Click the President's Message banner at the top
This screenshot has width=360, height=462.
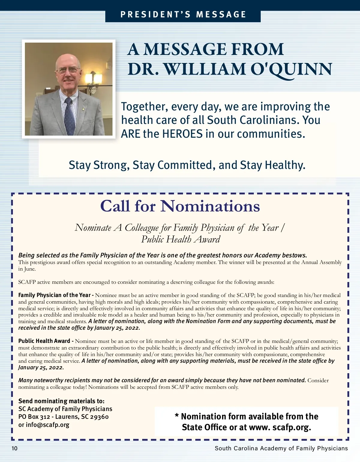click(x=183, y=15)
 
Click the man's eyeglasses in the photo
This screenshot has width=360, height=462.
click(x=68, y=70)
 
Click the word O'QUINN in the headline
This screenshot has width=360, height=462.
click(x=291, y=69)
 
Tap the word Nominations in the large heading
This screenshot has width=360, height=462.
click(x=210, y=206)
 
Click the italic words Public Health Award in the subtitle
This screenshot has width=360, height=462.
click(x=181, y=239)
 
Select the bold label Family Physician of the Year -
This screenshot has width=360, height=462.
click(x=56, y=295)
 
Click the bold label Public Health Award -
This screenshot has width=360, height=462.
click(x=46, y=341)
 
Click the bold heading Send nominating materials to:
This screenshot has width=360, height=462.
click(x=61, y=401)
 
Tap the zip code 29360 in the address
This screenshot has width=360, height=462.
click(x=99, y=417)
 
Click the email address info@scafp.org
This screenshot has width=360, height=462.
click(x=47, y=425)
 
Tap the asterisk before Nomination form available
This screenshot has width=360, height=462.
click(x=177, y=416)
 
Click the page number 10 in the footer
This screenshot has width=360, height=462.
click(x=15, y=448)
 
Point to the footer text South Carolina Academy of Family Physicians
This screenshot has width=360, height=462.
click(x=281, y=448)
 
